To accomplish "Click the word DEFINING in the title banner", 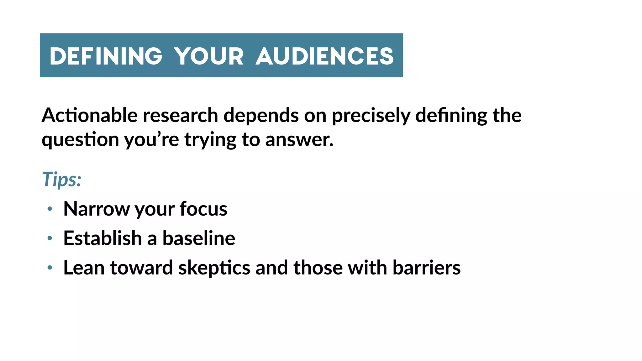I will (106, 56).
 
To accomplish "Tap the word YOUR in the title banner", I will (209, 56).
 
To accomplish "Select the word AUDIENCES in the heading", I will (324, 56).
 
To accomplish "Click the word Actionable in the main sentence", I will (90, 115).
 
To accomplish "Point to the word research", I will (180, 115).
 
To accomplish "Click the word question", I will (80, 140).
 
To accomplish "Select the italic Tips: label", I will (62, 180).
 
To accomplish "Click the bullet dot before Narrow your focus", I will (50, 209).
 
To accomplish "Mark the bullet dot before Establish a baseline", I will (50, 238).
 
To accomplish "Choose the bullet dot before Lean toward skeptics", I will (50, 268).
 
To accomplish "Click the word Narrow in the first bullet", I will (96, 209).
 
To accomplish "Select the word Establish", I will (103, 238).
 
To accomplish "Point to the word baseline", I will (199, 238).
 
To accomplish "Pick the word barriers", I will (426, 268).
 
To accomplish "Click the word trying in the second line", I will (210, 140).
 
